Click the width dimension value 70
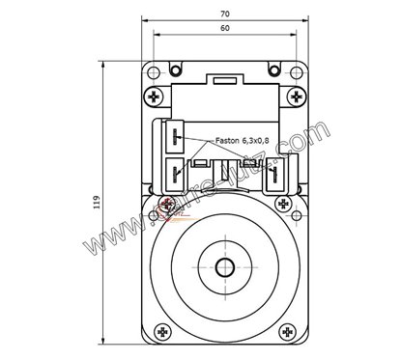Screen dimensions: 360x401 (x=224, y=14)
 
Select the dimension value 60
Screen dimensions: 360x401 (x=224, y=29)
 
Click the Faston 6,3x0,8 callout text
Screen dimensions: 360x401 (x=242, y=141)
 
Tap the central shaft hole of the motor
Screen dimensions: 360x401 (x=225, y=267)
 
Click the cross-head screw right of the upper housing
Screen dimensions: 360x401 (x=295, y=97)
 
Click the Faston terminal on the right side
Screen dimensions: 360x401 (x=274, y=175)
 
